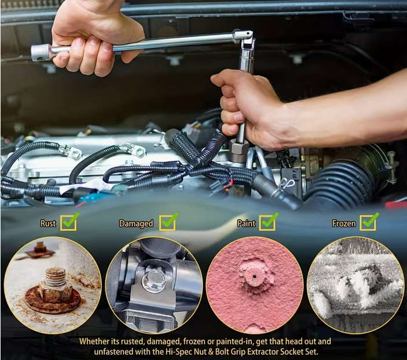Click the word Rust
(48, 223)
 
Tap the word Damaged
(136, 224)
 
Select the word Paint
(246, 223)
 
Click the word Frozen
(344, 223)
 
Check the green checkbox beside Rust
(69, 222)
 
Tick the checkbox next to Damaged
(168, 222)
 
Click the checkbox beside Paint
(268, 222)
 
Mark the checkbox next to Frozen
(369, 222)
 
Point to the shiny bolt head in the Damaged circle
(153, 281)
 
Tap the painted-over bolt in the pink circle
(253, 277)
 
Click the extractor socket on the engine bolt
(237, 152)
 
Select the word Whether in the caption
(91, 341)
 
